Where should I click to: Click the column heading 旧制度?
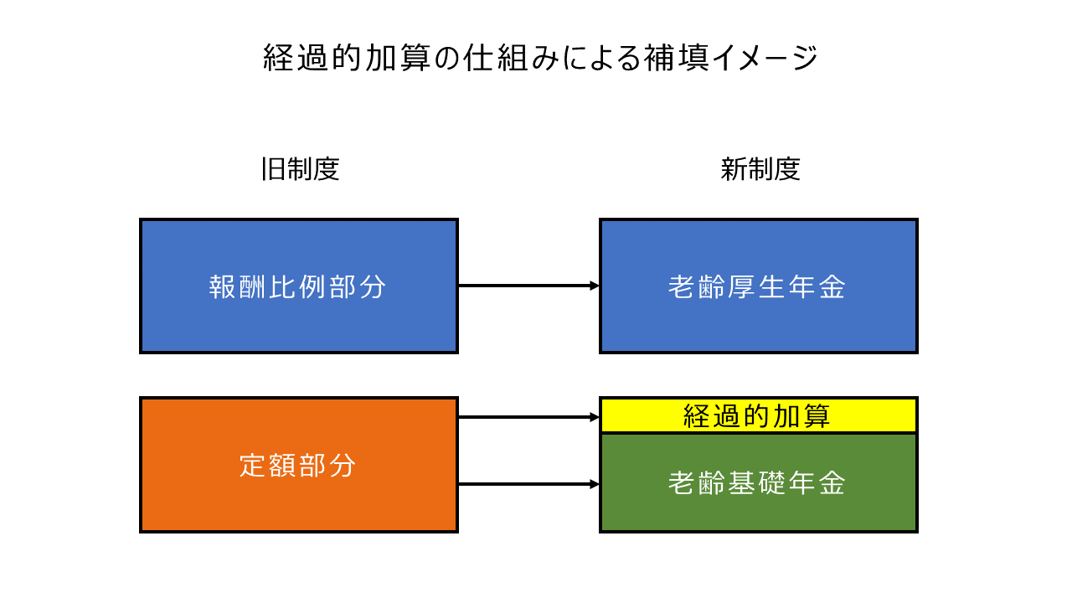(301, 169)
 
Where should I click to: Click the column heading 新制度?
(760, 169)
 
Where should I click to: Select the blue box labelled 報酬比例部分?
(299, 286)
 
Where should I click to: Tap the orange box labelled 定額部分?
(299, 465)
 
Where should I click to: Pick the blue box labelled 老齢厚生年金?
(759, 286)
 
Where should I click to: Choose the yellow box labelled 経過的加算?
(759, 415)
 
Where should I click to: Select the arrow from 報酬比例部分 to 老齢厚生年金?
(528, 286)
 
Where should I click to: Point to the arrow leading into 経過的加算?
(528, 417)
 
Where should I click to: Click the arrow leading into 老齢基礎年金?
(528, 484)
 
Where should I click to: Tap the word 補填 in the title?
(676, 58)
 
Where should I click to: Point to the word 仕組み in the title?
(511, 58)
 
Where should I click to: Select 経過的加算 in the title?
(347, 58)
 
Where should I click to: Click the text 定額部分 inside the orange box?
(297, 465)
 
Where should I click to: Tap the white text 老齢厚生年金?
(757, 287)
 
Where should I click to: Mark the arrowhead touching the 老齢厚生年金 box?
(595, 286)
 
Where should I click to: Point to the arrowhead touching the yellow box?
(595, 417)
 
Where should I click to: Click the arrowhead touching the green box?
(595, 484)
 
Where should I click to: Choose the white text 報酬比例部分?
(297, 287)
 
